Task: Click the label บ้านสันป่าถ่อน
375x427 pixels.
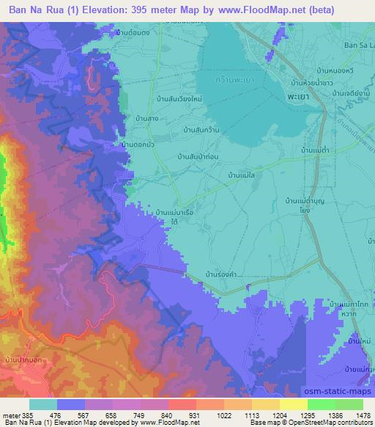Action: [x=199, y=156]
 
